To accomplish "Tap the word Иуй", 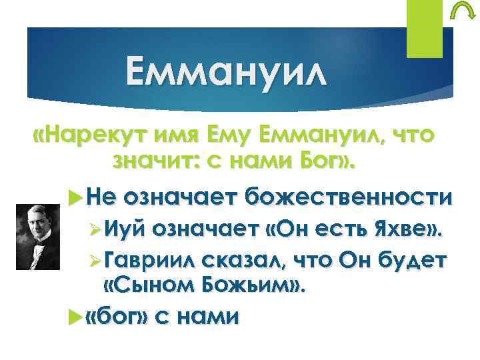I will click(x=127, y=229).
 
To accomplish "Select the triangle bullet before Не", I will click(x=75, y=197).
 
